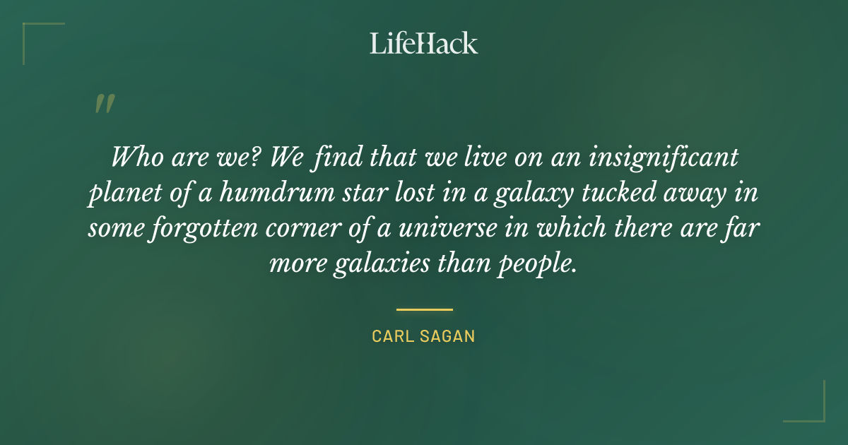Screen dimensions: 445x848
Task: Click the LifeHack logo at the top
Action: [x=423, y=43]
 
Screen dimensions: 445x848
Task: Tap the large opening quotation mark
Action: [x=104, y=104]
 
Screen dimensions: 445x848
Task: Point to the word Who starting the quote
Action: [x=135, y=156]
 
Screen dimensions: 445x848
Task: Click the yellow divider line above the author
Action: [x=424, y=309]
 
